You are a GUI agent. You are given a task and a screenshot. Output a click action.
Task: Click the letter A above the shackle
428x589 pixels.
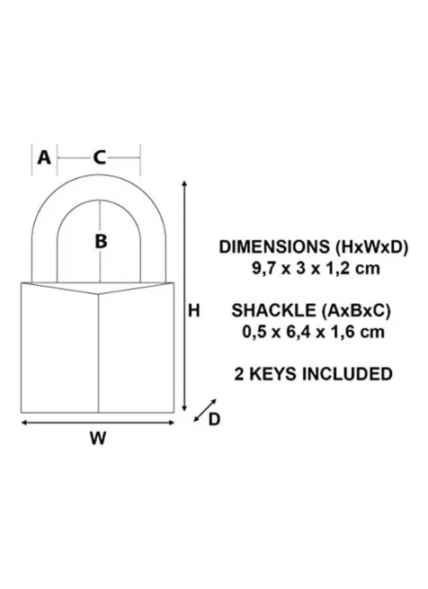click(x=44, y=157)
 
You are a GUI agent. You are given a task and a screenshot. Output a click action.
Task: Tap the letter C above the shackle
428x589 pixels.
click(x=99, y=157)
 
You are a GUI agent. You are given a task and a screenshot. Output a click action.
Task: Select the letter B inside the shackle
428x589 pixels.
click(x=101, y=241)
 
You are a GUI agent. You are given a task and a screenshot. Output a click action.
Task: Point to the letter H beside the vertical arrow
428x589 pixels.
click(x=193, y=310)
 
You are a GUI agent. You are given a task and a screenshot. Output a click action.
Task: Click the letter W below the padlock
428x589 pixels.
click(x=98, y=438)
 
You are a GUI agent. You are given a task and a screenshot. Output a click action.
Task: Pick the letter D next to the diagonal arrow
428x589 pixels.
click(x=214, y=419)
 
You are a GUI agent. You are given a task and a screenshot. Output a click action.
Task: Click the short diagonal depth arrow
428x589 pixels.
click(x=205, y=410)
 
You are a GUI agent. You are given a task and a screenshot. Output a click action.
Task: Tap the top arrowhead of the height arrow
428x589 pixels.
click(x=184, y=183)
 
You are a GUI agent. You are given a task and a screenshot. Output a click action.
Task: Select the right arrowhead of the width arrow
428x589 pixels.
click(x=172, y=423)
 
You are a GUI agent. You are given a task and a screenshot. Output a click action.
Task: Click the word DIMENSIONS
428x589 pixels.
click(x=274, y=246)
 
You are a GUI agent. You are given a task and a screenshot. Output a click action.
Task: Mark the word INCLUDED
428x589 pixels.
click(x=347, y=374)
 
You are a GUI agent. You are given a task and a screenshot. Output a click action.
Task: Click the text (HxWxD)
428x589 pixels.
click(x=370, y=247)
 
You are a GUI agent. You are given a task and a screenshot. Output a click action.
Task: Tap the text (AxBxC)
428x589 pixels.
click(x=356, y=310)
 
